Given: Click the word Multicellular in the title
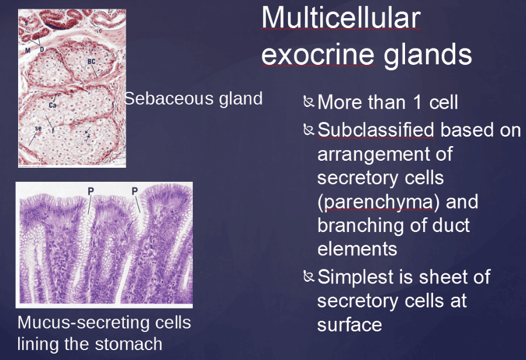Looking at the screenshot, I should (341, 19).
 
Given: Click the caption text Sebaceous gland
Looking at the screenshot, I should (193, 98).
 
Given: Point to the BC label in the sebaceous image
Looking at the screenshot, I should (92, 61).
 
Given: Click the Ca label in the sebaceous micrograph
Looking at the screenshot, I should (52, 105).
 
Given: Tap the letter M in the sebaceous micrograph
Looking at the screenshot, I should (27, 50).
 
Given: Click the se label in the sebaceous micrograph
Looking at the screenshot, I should (37, 128).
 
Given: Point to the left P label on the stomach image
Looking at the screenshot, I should (91, 191).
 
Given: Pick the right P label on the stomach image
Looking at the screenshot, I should (134, 191).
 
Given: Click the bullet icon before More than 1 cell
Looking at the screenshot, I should (309, 103).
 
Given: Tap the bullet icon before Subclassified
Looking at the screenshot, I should (309, 129).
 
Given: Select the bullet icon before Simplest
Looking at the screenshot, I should (309, 276).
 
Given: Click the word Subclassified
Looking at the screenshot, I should (376, 130).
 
